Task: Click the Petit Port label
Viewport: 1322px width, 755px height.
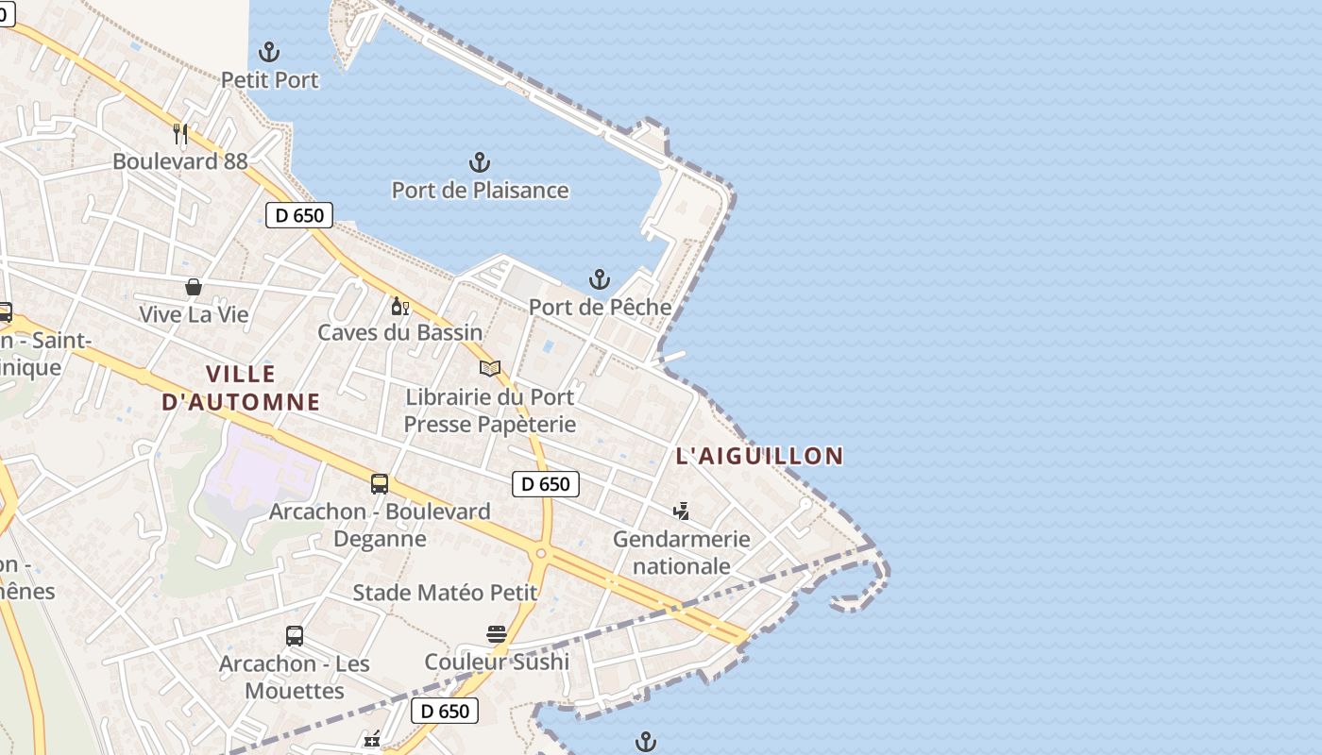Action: (x=270, y=80)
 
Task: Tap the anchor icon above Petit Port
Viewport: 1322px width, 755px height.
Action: (x=270, y=51)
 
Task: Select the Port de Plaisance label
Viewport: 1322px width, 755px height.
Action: (x=480, y=190)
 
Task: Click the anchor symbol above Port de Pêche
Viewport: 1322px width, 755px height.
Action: (x=600, y=279)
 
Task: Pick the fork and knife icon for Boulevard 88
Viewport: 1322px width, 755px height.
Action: (x=180, y=133)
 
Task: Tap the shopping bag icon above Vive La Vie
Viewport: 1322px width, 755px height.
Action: (x=194, y=286)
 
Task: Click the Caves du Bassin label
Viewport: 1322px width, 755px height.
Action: (x=399, y=332)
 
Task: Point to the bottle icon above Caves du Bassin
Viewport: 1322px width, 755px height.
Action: (x=399, y=306)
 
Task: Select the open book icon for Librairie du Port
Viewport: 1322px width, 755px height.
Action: (x=489, y=368)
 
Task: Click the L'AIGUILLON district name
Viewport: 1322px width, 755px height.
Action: (x=759, y=456)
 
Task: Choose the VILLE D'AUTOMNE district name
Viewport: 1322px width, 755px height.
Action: (x=241, y=388)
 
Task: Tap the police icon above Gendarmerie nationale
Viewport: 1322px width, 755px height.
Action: (x=681, y=512)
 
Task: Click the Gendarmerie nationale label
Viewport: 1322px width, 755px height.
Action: (x=681, y=552)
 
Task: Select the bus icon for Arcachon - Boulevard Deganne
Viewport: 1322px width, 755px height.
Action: (x=380, y=484)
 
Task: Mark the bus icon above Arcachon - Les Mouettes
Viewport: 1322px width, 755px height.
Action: (x=295, y=636)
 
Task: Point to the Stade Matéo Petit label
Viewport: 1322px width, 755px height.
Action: (x=445, y=593)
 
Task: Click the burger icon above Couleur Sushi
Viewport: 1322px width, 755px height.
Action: (x=497, y=633)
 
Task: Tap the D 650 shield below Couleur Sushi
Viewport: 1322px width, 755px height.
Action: (x=444, y=711)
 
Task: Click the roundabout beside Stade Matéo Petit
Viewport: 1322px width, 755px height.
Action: (x=540, y=554)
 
